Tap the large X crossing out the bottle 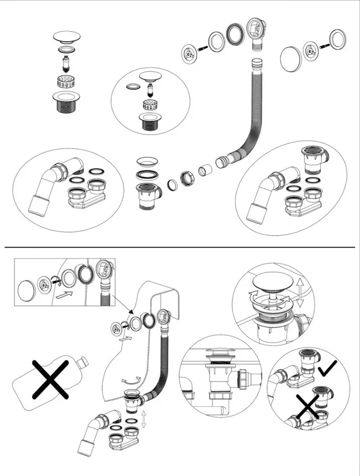[x=51, y=378]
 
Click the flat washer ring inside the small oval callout [x=133, y=85]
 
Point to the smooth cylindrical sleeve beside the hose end [x=205, y=171]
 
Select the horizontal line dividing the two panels [x=180, y=247]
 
